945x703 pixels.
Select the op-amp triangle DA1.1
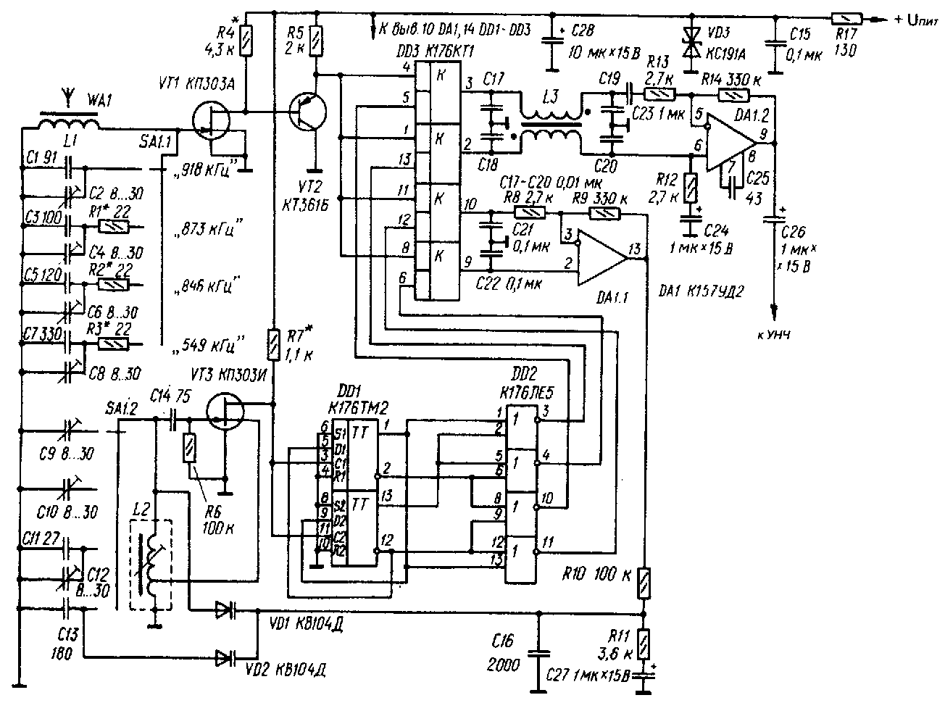pos(601,250)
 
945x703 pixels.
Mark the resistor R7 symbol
pos(273,344)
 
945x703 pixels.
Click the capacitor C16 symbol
pos(537,652)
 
